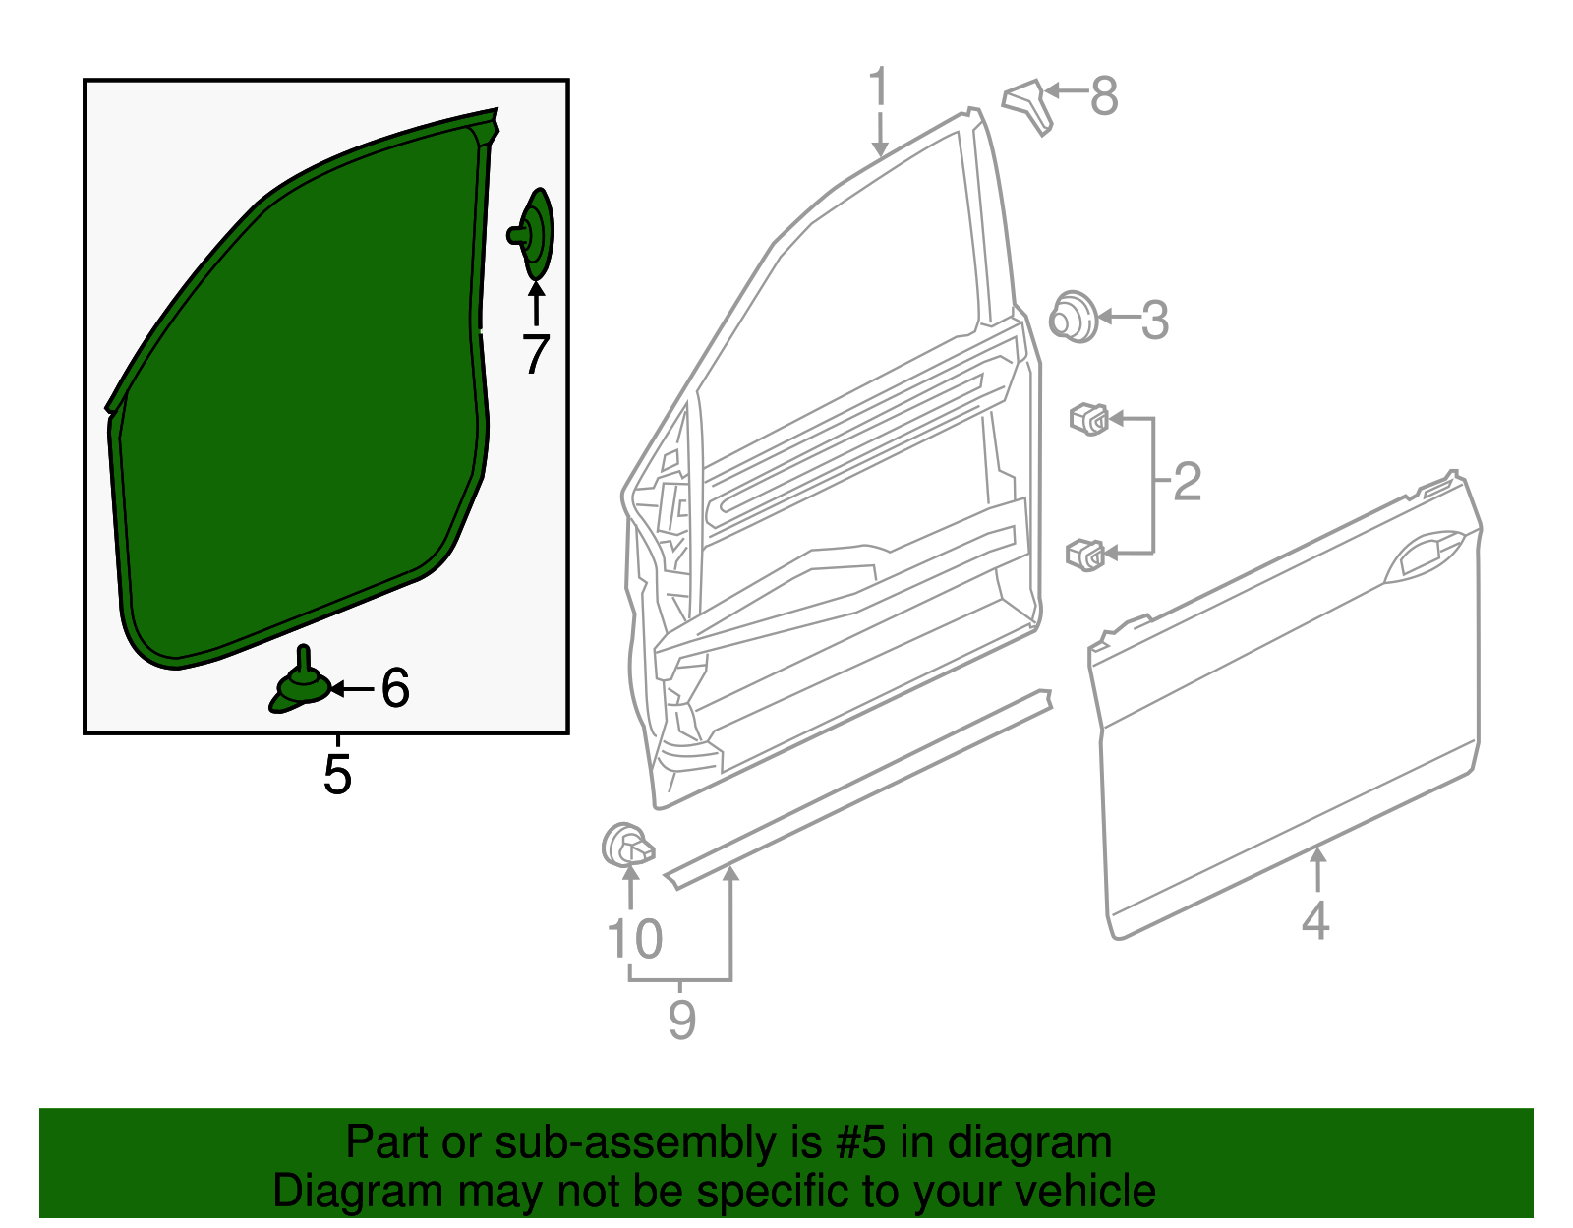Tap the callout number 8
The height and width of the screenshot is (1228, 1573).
[1104, 96]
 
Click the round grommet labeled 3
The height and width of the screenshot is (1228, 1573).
[1073, 317]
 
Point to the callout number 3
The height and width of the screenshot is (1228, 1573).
[1154, 321]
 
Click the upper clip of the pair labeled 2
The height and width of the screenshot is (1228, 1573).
[1089, 419]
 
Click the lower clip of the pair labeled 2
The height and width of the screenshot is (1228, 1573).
[1086, 555]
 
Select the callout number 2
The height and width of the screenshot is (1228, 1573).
[1187, 482]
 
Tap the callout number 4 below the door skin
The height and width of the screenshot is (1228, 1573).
[1315, 921]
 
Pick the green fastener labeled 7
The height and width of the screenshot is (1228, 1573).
[535, 234]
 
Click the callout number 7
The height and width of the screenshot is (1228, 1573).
[535, 355]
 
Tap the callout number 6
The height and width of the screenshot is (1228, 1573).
[395, 688]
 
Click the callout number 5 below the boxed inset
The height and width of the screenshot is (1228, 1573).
[337, 775]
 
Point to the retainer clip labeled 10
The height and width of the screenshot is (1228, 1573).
[626, 846]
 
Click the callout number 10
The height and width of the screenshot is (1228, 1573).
[635, 939]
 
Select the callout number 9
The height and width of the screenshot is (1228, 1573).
[681, 1019]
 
